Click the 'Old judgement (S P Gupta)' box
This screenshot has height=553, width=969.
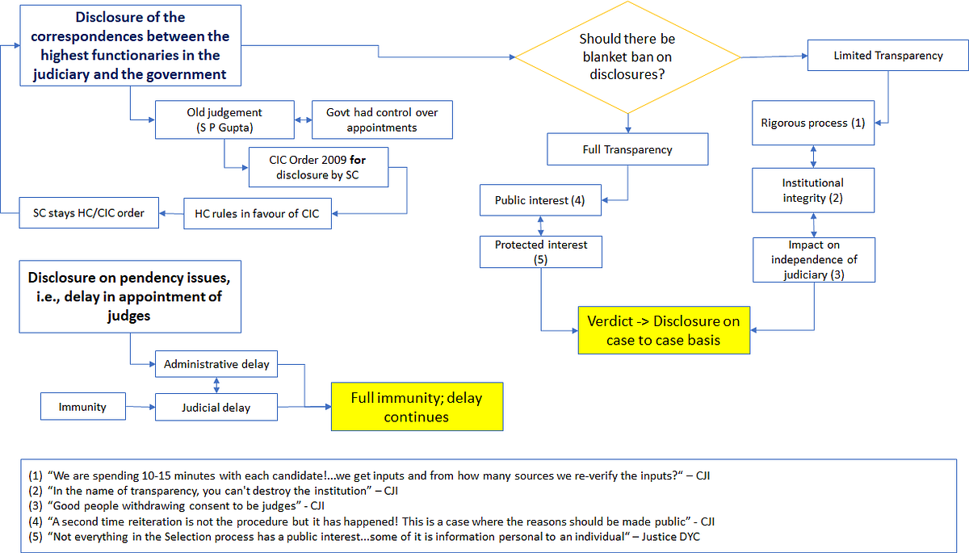(x=224, y=119)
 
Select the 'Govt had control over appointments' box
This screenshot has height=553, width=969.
(x=382, y=119)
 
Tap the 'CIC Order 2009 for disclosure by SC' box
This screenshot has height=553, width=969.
(x=318, y=165)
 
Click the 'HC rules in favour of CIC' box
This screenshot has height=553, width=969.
(x=257, y=214)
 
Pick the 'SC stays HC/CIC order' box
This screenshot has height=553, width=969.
(x=89, y=213)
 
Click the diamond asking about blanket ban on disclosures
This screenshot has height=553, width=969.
(x=627, y=57)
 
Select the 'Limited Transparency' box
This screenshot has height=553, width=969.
(x=887, y=56)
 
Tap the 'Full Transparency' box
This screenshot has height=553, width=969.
(x=627, y=149)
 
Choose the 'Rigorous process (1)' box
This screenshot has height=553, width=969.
(x=812, y=123)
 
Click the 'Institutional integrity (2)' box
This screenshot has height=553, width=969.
(x=812, y=191)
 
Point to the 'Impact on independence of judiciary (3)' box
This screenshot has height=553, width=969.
(x=813, y=259)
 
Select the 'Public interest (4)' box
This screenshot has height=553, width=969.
(x=539, y=201)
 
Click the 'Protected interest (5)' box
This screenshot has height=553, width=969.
(x=540, y=251)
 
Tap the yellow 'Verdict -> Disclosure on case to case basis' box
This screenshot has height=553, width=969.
(x=664, y=330)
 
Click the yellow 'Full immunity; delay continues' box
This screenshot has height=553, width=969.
(x=417, y=406)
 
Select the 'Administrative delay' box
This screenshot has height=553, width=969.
(x=216, y=364)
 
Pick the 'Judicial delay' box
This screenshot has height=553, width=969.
(x=216, y=407)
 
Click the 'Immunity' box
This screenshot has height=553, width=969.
(x=82, y=407)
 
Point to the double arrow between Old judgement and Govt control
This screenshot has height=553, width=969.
(x=302, y=119)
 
